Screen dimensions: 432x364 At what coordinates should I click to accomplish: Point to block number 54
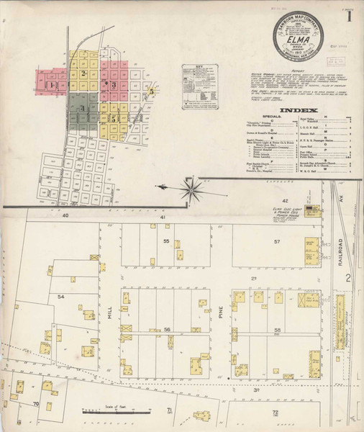pyautogui.click(x=61, y=297)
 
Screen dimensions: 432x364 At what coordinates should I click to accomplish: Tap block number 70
pyautogui.click(x=35, y=405)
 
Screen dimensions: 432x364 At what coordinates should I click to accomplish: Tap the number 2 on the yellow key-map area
pyautogui.click(x=84, y=73)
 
